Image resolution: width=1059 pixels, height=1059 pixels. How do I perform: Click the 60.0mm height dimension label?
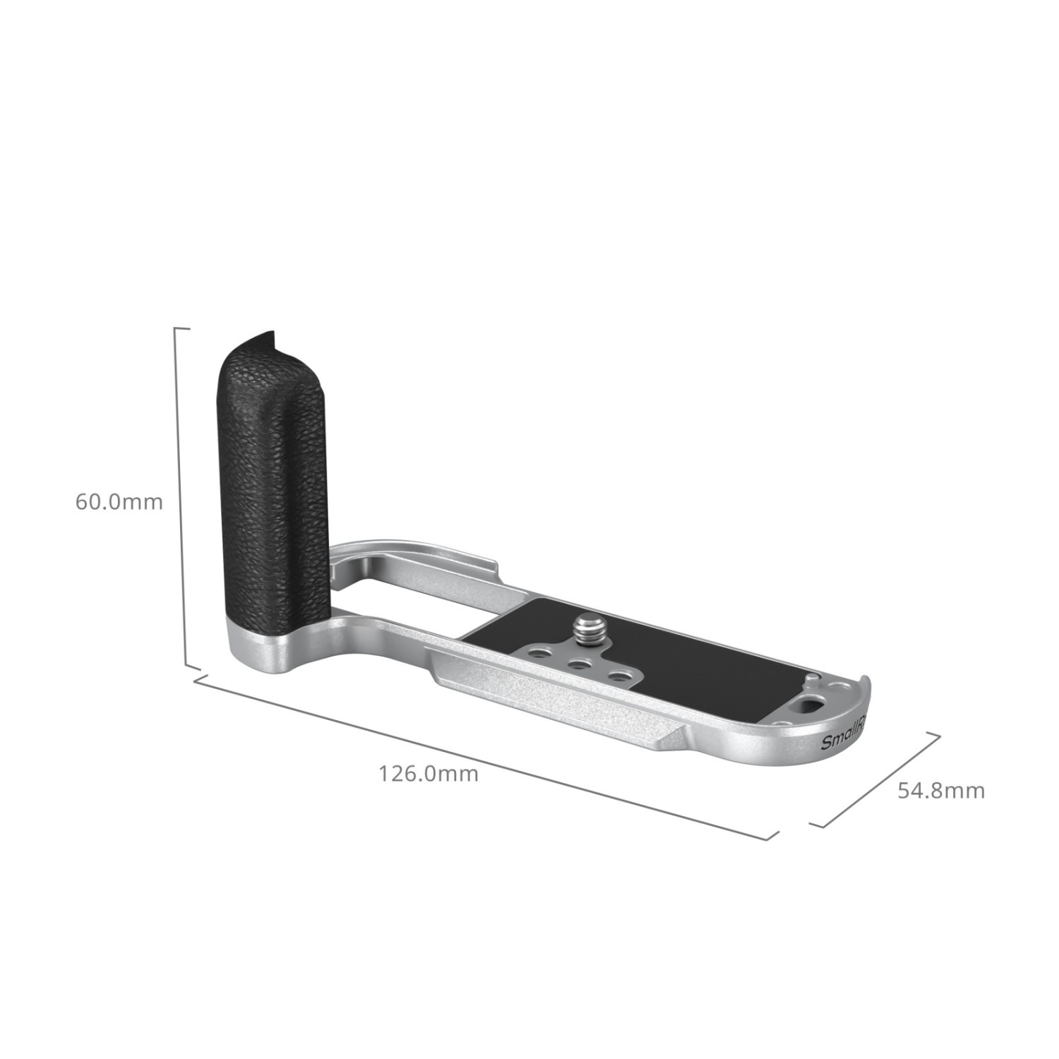click(119, 502)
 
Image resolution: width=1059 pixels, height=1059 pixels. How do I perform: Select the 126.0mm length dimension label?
click(429, 774)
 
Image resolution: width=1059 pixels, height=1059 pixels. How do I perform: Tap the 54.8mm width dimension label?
click(941, 790)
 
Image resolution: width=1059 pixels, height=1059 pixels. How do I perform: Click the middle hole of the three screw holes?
click(581, 663)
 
